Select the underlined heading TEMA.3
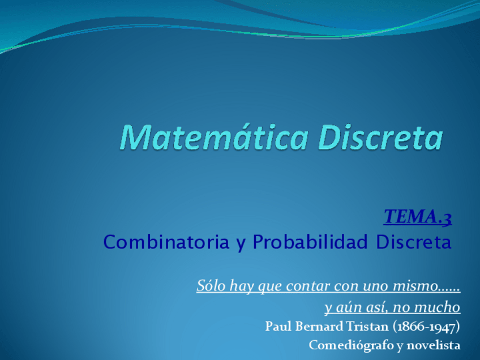[417, 217]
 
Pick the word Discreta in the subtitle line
[414, 243]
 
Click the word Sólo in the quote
[209, 286]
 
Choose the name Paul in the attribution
[277, 327]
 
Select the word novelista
[436, 345]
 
